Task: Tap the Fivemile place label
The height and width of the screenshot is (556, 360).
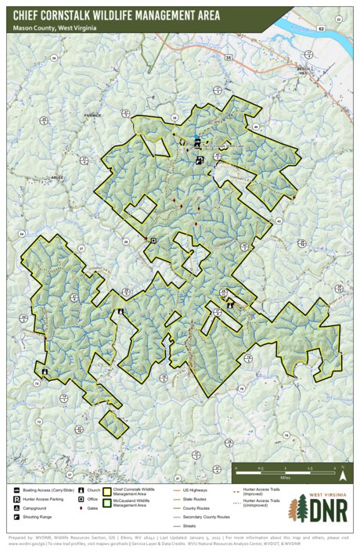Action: click(93, 115)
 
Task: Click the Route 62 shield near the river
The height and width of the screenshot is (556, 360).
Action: click(321, 27)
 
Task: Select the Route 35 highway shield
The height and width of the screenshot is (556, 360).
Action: click(229, 57)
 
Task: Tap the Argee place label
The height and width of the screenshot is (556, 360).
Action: click(56, 178)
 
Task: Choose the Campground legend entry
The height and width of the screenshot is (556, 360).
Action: click(36, 508)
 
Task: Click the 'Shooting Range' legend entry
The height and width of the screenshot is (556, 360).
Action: click(38, 517)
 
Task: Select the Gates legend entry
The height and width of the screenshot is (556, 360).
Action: click(90, 508)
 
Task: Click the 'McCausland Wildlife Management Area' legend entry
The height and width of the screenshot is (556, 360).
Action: click(135, 506)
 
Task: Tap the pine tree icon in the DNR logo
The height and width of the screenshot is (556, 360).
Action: click(299, 508)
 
